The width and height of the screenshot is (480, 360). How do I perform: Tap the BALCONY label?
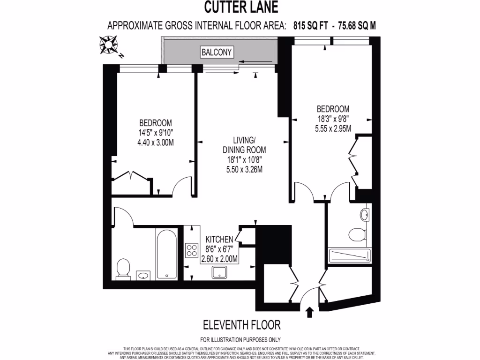[x=216, y=52]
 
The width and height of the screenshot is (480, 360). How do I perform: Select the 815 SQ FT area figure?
[x=310, y=26]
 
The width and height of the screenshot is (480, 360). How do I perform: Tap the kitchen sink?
[x=219, y=272]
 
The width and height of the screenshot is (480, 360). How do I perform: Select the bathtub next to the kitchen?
[x=166, y=255]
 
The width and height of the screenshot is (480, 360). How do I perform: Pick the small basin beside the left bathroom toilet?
[x=143, y=275]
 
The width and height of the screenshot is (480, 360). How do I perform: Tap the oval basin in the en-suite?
[x=365, y=215]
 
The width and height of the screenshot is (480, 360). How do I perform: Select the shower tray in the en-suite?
[x=350, y=256]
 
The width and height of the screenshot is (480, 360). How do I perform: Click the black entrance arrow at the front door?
[x=309, y=312]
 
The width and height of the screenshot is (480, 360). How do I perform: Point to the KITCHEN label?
[x=219, y=240]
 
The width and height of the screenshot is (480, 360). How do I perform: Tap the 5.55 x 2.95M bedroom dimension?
[x=333, y=127]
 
